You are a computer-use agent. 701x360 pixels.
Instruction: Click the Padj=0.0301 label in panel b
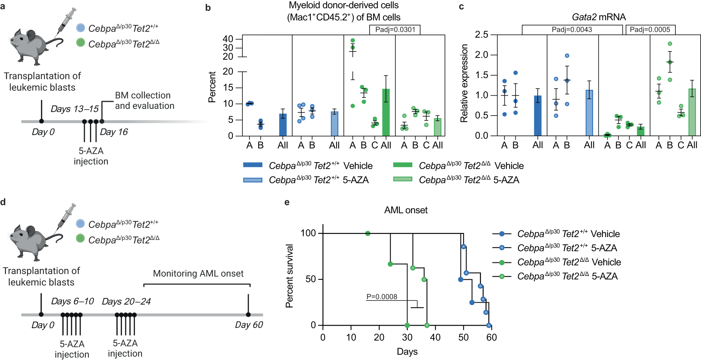(x=395, y=30)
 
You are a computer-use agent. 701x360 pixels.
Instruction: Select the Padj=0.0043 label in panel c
(x=572, y=30)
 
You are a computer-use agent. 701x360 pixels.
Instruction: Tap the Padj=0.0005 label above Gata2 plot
(x=650, y=30)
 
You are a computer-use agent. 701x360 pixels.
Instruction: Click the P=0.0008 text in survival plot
(x=382, y=297)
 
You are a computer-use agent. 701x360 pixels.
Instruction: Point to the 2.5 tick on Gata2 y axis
(x=481, y=35)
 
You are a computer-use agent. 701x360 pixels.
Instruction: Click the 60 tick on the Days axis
(x=492, y=337)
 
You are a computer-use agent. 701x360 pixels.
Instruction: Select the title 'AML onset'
(x=406, y=210)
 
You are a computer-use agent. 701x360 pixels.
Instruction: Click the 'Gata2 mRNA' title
(x=599, y=17)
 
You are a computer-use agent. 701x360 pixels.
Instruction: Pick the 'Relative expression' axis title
(x=464, y=83)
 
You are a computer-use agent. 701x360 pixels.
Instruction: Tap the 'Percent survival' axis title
(x=289, y=276)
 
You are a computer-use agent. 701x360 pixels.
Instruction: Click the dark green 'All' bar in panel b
(x=386, y=112)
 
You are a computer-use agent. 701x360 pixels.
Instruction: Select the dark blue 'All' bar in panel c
(x=537, y=116)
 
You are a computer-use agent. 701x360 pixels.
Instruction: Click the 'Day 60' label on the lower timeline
(x=249, y=325)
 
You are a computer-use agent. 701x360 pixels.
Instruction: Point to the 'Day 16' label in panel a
(x=114, y=132)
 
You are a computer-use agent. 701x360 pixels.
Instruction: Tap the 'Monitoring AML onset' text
(x=198, y=274)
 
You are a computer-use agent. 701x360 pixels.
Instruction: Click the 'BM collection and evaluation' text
(x=144, y=101)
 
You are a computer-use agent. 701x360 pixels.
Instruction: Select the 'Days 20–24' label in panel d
(x=126, y=302)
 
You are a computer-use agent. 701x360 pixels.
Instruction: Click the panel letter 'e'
(x=287, y=202)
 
